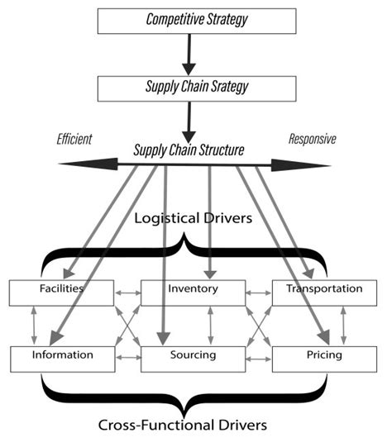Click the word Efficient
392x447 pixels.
click(75, 140)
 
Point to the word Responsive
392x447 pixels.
click(312, 140)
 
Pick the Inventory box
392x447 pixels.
click(193, 291)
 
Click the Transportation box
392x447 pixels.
click(323, 291)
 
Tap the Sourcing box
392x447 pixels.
click(193, 357)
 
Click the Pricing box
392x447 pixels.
click(323, 357)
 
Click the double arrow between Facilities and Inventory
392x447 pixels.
click(127, 292)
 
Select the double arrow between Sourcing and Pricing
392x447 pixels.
click(258, 357)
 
